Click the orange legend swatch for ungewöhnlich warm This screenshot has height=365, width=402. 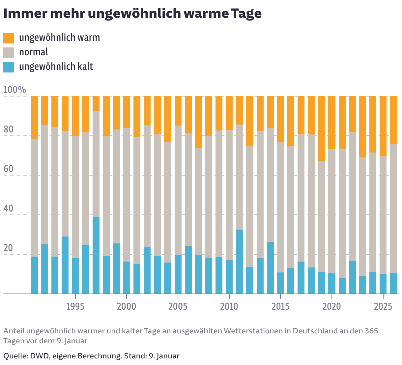(9, 38)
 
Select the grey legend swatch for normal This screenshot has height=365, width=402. (9, 52)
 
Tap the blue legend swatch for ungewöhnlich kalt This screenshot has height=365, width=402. (9, 67)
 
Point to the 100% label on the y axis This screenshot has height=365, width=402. (14, 90)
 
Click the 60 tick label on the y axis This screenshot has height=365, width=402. (9, 169)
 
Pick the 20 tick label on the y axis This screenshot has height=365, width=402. (9, 248)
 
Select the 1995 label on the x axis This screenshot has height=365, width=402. (75, 306)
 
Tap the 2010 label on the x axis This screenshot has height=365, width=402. (229, 306)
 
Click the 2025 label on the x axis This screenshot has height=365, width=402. (383, 306)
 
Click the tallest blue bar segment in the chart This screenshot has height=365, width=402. (96, 255)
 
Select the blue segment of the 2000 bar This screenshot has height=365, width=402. (127, 277)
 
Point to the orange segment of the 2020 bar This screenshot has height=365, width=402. (332, 123)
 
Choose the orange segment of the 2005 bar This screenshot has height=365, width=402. (178, 111)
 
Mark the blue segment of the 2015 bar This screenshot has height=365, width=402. (280, 283)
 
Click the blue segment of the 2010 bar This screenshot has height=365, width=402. (229, 277)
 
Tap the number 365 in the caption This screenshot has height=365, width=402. (371, 331)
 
